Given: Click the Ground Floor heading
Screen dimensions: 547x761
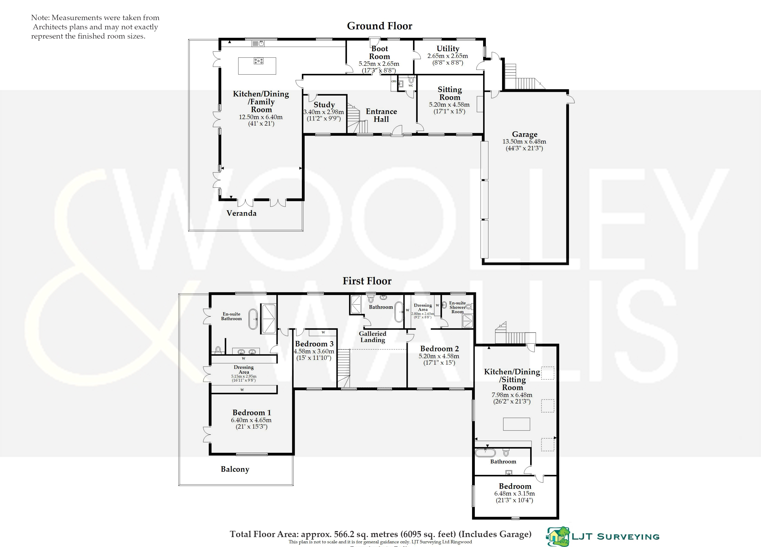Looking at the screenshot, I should tap(380, 26).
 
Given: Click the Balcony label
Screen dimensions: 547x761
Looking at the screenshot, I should tap(235, 469).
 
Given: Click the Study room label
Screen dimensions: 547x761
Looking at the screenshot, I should tap(324, 105).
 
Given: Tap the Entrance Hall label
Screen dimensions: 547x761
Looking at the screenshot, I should tap(381, 115).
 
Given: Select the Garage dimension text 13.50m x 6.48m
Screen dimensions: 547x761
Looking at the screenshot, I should tap(524, 142).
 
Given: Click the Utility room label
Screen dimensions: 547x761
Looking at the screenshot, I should tap(448, 49).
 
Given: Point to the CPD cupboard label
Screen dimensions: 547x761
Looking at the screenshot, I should tap(394, 81).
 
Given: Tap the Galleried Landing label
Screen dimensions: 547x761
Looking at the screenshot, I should tap(372, 337).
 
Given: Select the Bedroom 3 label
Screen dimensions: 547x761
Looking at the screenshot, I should tap(314, 344).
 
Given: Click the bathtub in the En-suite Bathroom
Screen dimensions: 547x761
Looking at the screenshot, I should tap(253, 319).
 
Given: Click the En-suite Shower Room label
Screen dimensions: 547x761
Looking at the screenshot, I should tap(457, 307).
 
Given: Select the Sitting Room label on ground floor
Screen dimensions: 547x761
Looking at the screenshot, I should tap(450, 93).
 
